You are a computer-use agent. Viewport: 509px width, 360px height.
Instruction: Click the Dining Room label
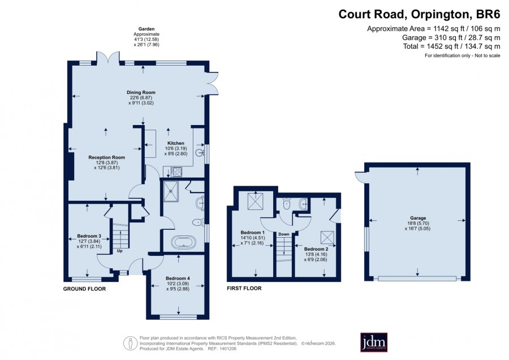pos(141,92)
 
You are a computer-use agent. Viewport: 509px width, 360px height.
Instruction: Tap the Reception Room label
pos(106,157)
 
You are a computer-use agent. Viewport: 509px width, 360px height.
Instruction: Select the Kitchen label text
pos(176,143)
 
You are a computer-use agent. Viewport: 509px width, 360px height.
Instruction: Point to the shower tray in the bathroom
pos(170,191)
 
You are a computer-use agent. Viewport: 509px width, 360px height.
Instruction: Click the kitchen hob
pos(176,172)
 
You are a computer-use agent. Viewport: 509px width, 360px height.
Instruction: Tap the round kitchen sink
pos(199,152)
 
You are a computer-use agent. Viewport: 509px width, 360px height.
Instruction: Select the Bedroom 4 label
pos(178,278)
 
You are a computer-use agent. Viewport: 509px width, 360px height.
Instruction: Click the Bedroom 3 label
pos(89,236)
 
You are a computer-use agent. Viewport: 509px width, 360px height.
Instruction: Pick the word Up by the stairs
pos(119,251)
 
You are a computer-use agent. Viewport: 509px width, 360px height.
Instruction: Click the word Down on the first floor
pos(284,234)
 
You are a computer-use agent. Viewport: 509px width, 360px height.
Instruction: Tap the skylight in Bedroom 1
pos(256,201)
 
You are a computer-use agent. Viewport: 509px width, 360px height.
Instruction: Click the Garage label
pos(418,218)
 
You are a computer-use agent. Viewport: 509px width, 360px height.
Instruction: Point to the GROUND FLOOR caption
pos(84,289)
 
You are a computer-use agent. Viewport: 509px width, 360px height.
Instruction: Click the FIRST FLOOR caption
pos(244,288)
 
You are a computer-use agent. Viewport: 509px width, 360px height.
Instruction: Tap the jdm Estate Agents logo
pos(374,342)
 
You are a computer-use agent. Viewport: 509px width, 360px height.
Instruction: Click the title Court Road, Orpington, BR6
pos(420,14)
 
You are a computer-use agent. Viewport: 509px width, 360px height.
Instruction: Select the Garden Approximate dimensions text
pos(146,37)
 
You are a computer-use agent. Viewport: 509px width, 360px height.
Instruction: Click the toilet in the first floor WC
pos(286,203)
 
